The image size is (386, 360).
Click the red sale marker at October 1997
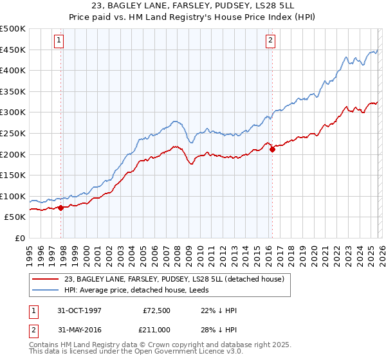point(61,208)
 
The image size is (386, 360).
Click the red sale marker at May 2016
point(272,150)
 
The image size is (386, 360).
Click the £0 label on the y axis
point(19,239)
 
